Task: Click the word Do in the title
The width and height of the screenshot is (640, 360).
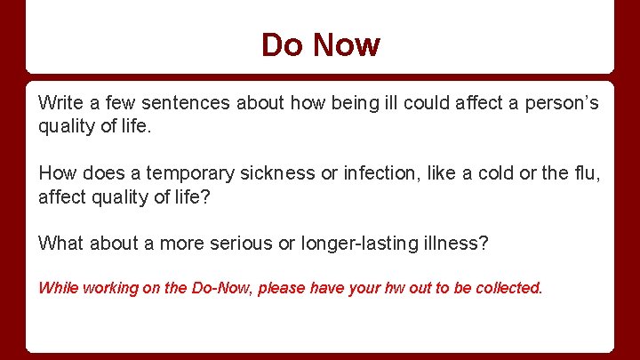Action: (x=280, y=45)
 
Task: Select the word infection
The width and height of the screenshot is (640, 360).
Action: (x=378, y=172)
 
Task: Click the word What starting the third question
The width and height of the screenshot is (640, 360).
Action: (x=60, y=243)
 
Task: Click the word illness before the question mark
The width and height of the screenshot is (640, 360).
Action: (x=456, y=243)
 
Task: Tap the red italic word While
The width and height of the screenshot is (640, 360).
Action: (x=59, y=288)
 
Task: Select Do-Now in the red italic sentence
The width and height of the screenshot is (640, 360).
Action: (x=220, y=288)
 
